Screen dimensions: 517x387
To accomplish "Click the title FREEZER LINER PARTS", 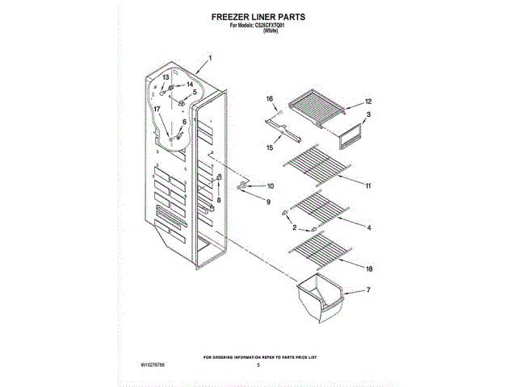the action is [258, 16].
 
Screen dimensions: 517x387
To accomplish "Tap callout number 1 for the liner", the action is [209, 58].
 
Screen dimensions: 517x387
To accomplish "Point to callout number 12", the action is [368, 102].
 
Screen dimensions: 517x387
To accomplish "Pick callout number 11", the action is [368, 186].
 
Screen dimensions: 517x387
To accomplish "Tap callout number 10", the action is [258, 186].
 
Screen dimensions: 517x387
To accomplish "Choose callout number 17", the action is [158, 109].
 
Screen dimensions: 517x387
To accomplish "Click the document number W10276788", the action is [135, 365].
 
